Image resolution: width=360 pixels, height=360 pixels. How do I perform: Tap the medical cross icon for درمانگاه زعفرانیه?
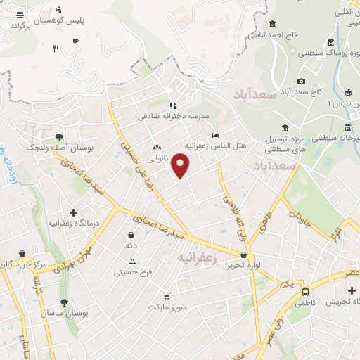[x=73, y=212]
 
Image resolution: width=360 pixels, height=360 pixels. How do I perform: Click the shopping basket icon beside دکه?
[x=131, y=235]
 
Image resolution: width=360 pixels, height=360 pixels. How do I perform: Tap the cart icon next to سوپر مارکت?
[x=166, y=296]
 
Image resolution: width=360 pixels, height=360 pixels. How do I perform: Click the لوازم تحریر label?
[x=247, y=265]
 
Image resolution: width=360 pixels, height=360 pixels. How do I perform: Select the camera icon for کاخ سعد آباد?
[x=302, y=82]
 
